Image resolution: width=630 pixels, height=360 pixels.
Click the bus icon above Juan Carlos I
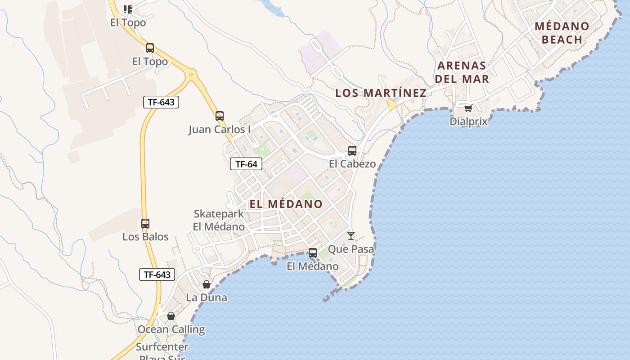click(x=220, y=116)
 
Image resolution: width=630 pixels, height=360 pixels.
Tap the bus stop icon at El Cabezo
click(x=352, y=151)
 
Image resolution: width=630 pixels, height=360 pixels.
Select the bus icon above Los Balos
click(x=145, y=223)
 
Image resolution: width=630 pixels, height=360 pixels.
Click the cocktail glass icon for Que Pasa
click(x=351, y=235)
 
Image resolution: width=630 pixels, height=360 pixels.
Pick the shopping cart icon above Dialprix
click(x=468, y=108)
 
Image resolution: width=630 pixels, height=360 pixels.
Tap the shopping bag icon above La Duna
click(x=207, y=284)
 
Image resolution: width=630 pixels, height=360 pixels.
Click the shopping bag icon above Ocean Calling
click(x=171, y=316)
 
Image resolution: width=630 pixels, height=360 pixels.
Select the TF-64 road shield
click(x=246, y=164)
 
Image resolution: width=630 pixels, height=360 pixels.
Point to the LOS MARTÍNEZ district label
click(x=381, y=93)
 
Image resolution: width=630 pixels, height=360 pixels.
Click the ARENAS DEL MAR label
click(x=462, y=72)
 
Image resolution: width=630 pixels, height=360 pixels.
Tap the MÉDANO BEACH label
click(x=562, y=32)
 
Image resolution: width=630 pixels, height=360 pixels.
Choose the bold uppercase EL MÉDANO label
click(x=286, y=204)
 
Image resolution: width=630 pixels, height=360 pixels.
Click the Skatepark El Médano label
click(x=219, y=220)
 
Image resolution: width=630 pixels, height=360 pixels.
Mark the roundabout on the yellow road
click(x=192, y=74)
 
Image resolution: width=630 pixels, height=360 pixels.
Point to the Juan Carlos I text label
click(x=220, y=130)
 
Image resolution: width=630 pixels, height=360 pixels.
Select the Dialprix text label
click(x=468, y=121)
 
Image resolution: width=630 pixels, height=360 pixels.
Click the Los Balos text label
click(x=145, y=237)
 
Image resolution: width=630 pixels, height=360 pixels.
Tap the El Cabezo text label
click(x=352, y=164)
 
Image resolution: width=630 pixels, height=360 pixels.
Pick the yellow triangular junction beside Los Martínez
click(x=391, y=105)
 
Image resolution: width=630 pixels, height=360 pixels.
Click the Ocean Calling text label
click(x=171, y=329)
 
